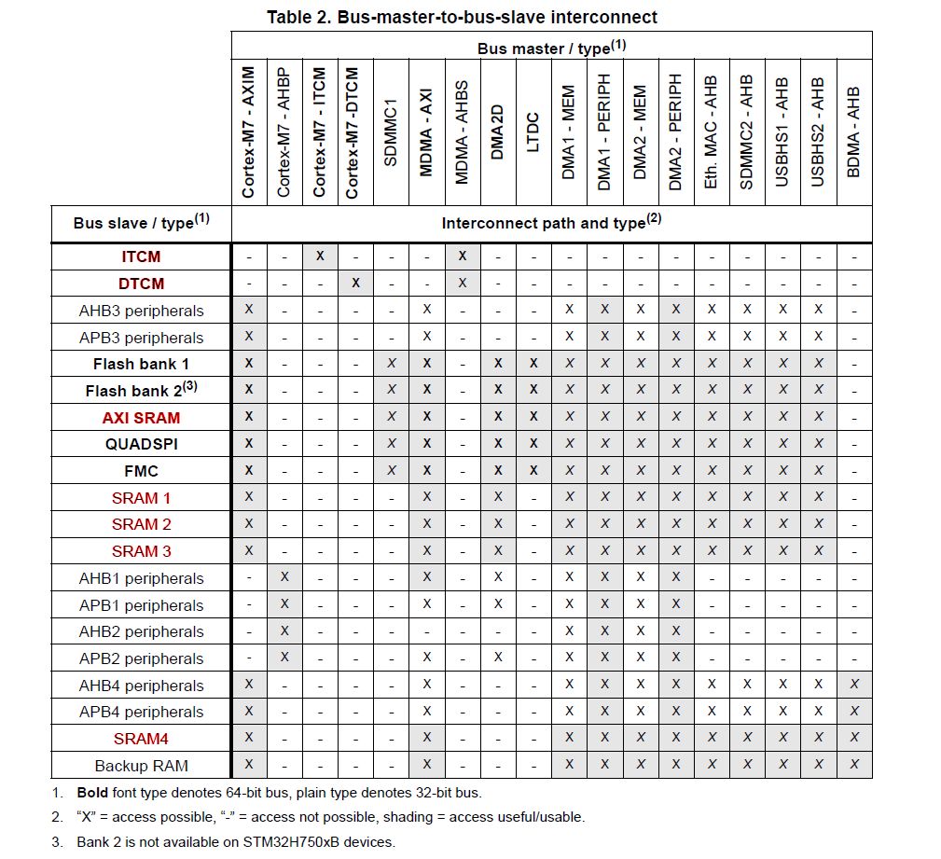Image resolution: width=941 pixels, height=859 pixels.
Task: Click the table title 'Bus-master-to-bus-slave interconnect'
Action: coord(462,17)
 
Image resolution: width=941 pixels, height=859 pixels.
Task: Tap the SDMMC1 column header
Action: coord(391,131)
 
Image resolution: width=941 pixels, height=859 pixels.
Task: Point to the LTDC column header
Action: coord(533,131)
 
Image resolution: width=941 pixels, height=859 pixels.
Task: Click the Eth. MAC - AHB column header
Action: coord(712,131)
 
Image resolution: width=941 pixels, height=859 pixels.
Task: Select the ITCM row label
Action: coord(141,256)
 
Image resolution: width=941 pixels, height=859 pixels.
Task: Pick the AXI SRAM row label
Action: coord(141,417)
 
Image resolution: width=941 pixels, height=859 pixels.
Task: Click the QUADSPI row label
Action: coord(141,444)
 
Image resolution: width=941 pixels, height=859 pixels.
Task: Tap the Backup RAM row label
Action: coord(141,765)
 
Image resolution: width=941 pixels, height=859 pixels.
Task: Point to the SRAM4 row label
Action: coord(141,739)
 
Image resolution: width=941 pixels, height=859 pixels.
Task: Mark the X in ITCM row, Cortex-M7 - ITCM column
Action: coord(320,256)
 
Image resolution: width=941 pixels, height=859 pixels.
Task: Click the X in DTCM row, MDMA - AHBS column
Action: coord(463,283)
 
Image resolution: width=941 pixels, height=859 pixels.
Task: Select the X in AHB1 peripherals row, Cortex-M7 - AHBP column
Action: coord(284,577)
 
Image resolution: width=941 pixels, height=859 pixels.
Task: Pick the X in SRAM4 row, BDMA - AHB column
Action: coord(854,739)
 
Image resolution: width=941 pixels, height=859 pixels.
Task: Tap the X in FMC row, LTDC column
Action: coord(533,470)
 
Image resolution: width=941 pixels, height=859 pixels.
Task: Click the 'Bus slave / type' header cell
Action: coord(140,224)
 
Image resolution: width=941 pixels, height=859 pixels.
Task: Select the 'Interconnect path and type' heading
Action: coord(551,224)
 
